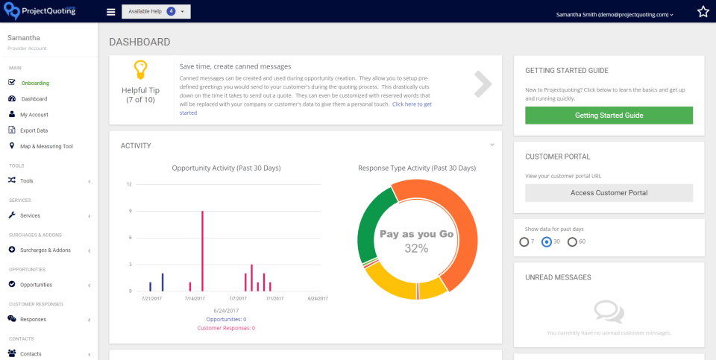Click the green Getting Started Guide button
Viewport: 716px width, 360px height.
[609, 116]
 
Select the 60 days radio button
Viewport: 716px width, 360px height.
[572, 241]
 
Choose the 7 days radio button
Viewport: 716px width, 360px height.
[524, 241]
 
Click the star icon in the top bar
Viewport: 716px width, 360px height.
[703, 12]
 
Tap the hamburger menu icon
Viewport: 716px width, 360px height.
[111, 12]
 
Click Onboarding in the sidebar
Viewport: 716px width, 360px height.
[35, 83]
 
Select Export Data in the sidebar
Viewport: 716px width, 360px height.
[34, 130]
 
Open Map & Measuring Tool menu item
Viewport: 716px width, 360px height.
[46, 146]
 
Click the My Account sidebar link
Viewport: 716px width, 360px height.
[34, 115]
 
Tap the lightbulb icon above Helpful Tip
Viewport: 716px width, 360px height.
[139, 70]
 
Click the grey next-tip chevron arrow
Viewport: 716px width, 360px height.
[483, 84]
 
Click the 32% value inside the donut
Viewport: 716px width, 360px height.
[416, 248]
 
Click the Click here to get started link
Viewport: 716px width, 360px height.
[412, 104]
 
